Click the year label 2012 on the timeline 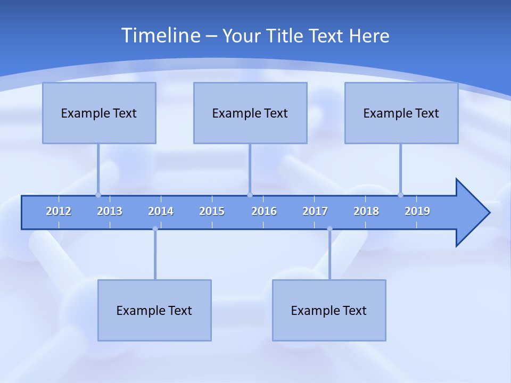point(59,211)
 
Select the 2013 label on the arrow point(110,211)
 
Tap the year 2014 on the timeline point(161,211)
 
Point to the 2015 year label point(212,211)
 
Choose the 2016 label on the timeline point(264,211)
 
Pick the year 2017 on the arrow point(315,211)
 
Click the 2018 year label point(366,211)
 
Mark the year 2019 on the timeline point(417,211)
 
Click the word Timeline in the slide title point(160,36)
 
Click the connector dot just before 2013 point(98,195)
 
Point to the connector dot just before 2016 point(250,195)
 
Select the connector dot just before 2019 point(400,195)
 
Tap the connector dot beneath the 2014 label point(155,229)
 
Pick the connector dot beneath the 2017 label point(329,229)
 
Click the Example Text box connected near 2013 point(99,113)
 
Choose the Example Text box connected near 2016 point(250,113)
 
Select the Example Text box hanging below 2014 point(154,310)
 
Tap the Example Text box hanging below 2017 point(329,310)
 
